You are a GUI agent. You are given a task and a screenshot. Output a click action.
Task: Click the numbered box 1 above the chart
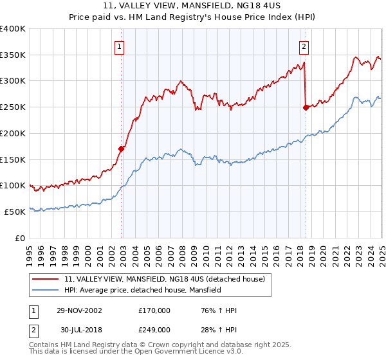[120, 46]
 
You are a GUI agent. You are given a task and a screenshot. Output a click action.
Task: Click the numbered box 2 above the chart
[304, 46]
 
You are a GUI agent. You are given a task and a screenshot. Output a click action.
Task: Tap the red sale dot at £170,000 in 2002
[121, 148]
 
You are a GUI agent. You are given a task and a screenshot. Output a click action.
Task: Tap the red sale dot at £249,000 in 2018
[306, 108]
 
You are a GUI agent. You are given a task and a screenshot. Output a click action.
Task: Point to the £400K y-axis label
[13, 29]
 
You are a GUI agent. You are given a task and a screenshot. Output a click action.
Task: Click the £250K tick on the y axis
[13, 107]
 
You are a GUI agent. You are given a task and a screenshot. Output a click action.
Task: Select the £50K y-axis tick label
[15, 212]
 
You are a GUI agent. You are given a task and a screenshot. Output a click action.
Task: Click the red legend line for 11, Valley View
[46, 279]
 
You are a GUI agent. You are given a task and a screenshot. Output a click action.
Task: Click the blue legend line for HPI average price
[46, 290]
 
